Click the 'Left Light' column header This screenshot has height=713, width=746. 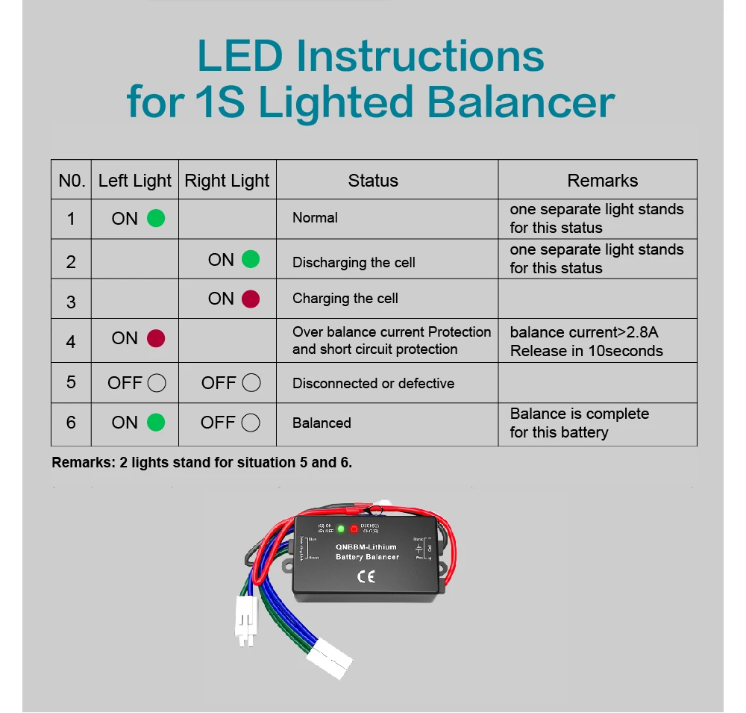point(134,181)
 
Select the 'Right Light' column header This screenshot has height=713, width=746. point(227,181)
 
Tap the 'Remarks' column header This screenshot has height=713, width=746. point(602,181)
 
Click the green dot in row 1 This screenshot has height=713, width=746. point(156,219)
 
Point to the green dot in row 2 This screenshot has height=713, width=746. point(251,260)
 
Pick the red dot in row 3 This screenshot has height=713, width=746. point(251,299)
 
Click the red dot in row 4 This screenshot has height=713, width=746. point(156,338)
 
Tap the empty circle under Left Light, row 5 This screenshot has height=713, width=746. point(157,383)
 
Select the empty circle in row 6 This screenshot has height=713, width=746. point(251,423)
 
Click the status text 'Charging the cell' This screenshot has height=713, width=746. point(345,299)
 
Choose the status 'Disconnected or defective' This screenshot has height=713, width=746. point(373,384)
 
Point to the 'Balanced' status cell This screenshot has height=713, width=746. point(322,423)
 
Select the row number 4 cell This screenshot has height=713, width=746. point(71,341)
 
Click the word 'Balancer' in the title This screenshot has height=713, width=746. point(521,102)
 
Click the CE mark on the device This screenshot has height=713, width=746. point(366,576)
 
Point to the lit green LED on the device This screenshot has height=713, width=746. point(341,529)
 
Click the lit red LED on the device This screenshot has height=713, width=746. point(354,529)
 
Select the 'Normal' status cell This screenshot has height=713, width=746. point(315,218)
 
